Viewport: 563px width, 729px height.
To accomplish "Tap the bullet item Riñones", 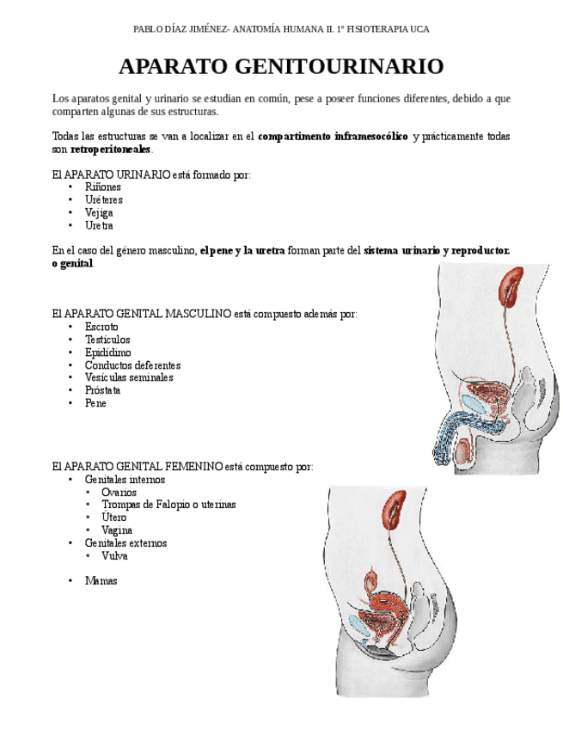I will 103,187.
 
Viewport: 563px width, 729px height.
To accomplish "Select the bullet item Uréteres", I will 104,200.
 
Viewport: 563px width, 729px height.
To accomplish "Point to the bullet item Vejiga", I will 99,213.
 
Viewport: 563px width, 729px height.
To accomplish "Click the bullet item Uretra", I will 99,226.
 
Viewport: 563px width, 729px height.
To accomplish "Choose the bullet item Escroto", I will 101,327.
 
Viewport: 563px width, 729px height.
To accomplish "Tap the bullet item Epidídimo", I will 108,352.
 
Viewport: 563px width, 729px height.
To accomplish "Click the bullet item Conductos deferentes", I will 132,365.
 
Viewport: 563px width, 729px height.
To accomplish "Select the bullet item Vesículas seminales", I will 129,377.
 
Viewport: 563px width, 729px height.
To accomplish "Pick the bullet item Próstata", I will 102,390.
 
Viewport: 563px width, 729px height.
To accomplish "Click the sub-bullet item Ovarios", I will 119,493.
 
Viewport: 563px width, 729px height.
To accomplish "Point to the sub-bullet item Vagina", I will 117,530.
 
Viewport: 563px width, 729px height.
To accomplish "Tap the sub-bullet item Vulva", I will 114,556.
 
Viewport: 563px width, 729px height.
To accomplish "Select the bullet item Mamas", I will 101,581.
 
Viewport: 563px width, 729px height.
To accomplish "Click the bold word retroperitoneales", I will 110,150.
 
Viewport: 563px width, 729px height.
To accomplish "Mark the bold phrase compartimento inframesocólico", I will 333,137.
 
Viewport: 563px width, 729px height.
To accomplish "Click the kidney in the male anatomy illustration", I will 513,287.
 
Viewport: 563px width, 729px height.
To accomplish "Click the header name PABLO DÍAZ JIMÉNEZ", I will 181,29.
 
